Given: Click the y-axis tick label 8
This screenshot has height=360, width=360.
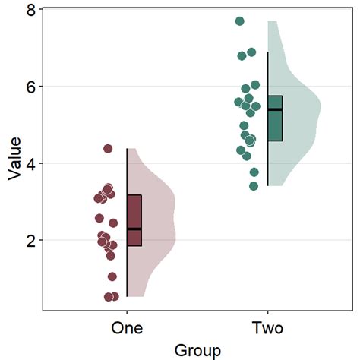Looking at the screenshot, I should pyautogui.click(x=31, y=10).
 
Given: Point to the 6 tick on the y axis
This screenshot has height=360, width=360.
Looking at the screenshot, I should pyautogui.click(x=31, y=87).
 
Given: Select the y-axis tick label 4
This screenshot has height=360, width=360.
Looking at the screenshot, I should pyautogui.click(x=31, y=163).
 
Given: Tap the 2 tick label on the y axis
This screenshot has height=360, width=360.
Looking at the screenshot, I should pyautogui.click(x=31, y=241).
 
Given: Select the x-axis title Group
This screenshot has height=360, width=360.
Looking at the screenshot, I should pyautogui.click(x=197, y=350).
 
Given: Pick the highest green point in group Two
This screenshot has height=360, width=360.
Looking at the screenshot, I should pyautogui.click(x=240, y=21).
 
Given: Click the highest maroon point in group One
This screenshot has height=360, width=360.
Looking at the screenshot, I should pyautogui.click(x=108, y=149).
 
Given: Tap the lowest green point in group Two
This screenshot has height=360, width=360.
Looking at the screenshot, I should pyautogui.click(x=254, y=185).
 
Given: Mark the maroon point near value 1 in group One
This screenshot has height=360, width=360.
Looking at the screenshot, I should pyautogui.click(x=112, y=276).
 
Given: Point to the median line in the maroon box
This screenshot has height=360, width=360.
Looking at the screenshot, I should pyautogui.click(x=134, y=229).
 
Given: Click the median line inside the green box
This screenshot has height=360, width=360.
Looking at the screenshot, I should pyautogui.click(x=275, y=110).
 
